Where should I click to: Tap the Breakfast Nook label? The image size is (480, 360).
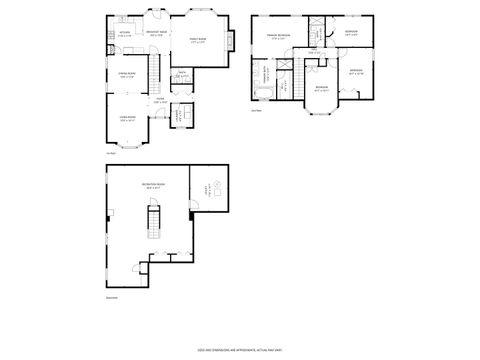pyautogui.click(x=156, y=34)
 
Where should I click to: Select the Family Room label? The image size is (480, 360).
pyautogui.click(x=198, y=41)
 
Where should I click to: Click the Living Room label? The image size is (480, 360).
pyautogui.click(x=127, y=119)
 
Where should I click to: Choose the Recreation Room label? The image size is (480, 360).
pyautogui.click(x=153, y=186)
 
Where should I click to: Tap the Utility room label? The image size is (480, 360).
pyautogui.click(x=206, y=187)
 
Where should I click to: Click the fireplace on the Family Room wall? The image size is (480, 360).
pyautogui.click(x=231, y=40)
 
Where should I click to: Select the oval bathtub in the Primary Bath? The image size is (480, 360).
pyautogui.click(x=263, y=94)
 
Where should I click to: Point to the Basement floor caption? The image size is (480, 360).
pyautogui.click(x=111, y=297)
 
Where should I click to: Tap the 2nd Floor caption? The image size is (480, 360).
pyautogui.click(x=256, y=110)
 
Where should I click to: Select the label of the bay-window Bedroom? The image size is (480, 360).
pyautogui.click(x=321, y=89)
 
